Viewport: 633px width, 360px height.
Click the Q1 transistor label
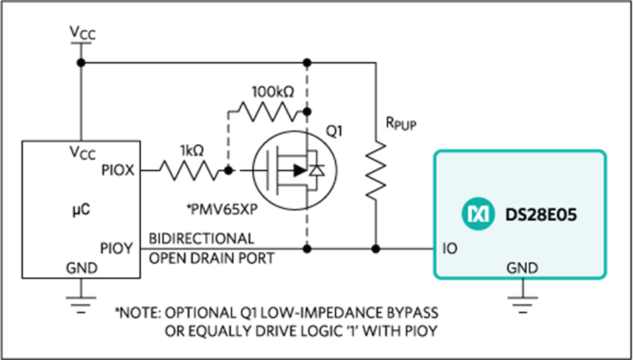pos(333,131)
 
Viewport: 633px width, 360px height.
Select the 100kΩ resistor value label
pos(274,92)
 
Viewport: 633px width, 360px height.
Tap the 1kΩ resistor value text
pos(192,151)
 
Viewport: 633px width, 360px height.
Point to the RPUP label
pos(401,125)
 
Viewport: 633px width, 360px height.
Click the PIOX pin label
pos(117,171)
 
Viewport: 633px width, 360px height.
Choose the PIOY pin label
pos(117,248)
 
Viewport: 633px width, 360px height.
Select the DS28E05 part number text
pos(541,215)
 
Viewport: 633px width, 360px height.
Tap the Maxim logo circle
pos(478,214)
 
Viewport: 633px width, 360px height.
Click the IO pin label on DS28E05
pos(450,248)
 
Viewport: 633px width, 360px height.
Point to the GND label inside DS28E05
pos(522,268)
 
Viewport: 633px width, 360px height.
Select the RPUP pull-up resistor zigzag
pos(376,169)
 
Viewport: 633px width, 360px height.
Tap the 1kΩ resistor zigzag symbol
pos(189,171)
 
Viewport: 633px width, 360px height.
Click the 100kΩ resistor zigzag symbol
pos(269,112)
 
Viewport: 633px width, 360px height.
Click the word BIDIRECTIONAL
pos(202,238)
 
